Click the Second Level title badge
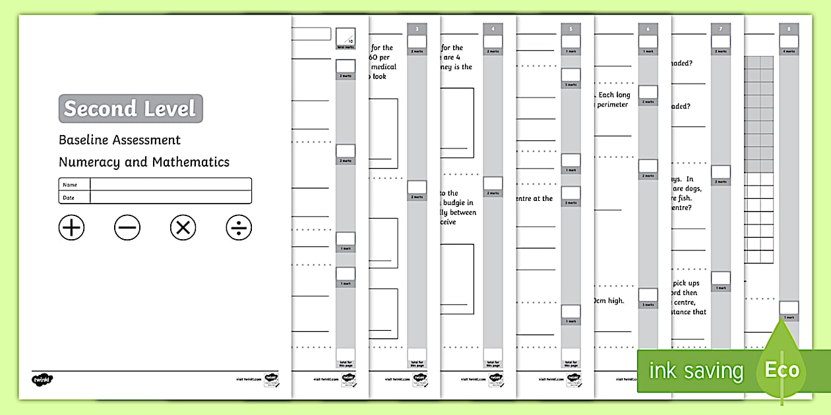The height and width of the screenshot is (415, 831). pos(131,109)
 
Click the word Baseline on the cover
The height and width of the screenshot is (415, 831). pos(84,140)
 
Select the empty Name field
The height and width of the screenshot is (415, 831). pos(170,184)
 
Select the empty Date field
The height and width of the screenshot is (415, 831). pos(170,197)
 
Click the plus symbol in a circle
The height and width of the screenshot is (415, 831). pos(72,228)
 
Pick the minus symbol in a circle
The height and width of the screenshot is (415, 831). pos(127,228)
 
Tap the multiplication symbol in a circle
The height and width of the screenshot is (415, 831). pos(183,228)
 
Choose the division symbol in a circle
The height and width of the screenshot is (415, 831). pos(239,228)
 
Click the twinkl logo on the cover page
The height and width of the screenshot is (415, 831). pos(42,379)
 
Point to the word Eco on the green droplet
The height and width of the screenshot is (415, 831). pos(782,370)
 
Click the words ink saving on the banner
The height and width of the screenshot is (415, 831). pos(696,371)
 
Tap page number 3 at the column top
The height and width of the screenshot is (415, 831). pos(417,29)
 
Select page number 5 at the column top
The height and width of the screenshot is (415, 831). pos(571,29)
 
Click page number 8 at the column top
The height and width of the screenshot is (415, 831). pos(789,29)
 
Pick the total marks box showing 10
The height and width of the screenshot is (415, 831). pos(346,36)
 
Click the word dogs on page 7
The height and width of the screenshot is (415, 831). pos(692,188)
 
